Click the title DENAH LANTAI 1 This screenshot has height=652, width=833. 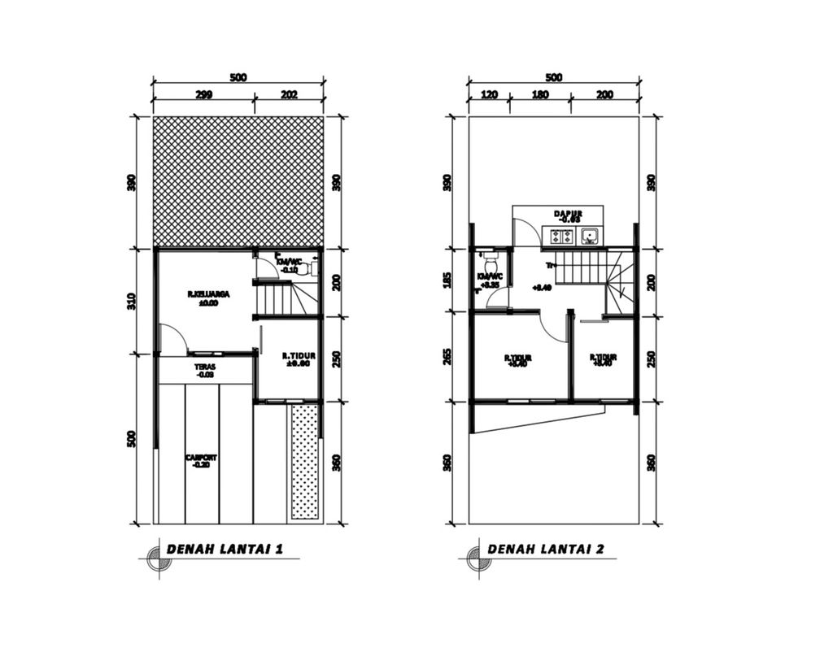point(225,549)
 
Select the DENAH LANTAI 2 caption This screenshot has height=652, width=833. point(545,549)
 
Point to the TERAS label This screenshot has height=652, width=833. point(205,371)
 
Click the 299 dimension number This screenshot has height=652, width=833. point(203,95)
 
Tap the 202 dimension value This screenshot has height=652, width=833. point(289,95)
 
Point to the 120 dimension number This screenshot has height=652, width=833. point(488,95)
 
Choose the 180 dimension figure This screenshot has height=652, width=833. point(539,95)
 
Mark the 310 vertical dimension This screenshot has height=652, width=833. point(132,301)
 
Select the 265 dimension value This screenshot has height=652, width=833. point(446,356)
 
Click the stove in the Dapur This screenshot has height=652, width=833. point(561,237)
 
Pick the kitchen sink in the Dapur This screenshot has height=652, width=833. point(590,237)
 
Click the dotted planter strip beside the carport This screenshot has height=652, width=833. point(304,461)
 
